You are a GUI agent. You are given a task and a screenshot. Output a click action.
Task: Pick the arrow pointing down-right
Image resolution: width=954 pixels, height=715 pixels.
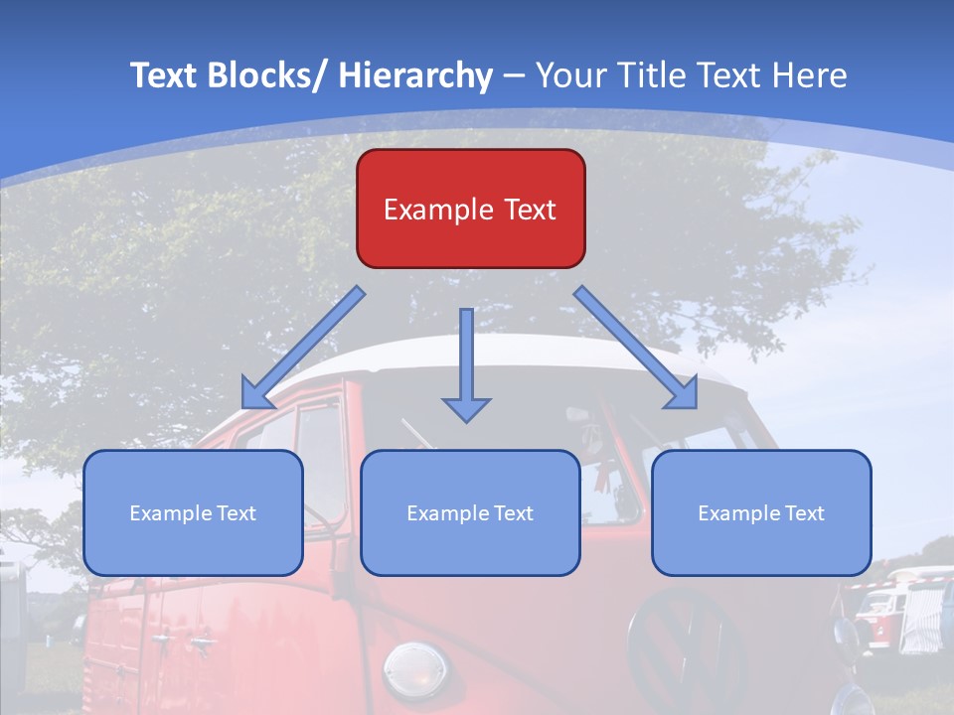pos(636,348)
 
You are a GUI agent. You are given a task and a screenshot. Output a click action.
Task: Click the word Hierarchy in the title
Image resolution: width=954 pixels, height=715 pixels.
pos(415,75)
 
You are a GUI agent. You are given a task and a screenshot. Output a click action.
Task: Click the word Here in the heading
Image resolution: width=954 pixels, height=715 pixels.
pos(809,75)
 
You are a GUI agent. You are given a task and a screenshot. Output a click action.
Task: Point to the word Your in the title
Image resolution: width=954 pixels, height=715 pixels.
pos(569,75)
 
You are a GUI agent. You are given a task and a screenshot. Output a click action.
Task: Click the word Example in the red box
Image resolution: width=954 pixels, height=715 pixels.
pos(437,211)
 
